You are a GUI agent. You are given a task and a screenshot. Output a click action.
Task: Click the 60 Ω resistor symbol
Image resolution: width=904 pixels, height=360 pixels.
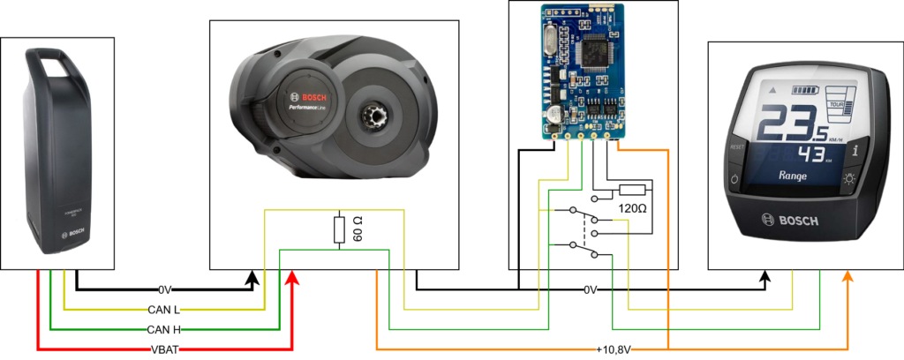coord(340,229)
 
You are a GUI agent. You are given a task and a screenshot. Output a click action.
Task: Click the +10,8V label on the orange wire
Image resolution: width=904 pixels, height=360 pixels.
coord(615,348)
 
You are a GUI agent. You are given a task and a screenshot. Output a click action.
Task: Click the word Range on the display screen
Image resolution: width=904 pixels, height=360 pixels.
coord(793,176)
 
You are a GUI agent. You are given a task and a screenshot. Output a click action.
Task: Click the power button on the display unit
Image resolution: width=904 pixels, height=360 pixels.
coord(733,181)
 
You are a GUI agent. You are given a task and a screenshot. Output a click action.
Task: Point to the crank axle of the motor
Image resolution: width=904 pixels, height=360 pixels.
coord(370,116)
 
